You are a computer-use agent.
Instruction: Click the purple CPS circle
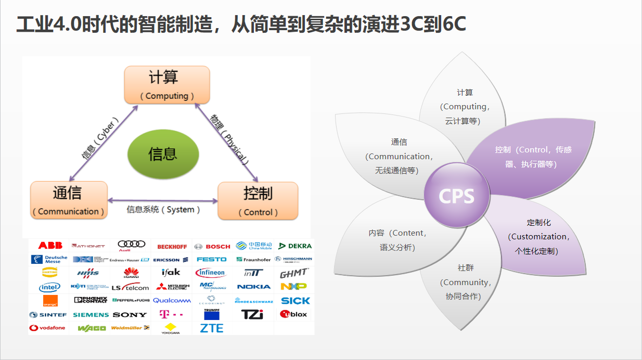[456, 196]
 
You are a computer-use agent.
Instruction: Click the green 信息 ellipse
[163, 153]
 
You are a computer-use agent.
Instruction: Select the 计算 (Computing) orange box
[166, 85]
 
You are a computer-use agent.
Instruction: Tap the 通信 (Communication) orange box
[68, 200]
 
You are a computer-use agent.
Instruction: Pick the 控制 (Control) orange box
[258, 200]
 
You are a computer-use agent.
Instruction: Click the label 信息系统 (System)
[163, 210]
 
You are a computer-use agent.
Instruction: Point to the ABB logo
[50, 246]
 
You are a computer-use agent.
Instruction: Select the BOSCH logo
[212, 246]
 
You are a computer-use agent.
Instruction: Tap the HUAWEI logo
[131, 273]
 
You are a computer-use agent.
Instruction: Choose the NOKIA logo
[254, 287]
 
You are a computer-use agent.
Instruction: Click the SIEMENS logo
[91, 315]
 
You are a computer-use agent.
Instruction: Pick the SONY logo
[130, 315]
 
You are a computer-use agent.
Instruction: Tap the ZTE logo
[212, 328]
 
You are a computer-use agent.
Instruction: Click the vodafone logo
[47, 328]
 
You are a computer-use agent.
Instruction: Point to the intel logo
[49, 287]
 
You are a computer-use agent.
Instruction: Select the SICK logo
[295, 301]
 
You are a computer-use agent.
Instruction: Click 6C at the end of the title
[452, 25]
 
